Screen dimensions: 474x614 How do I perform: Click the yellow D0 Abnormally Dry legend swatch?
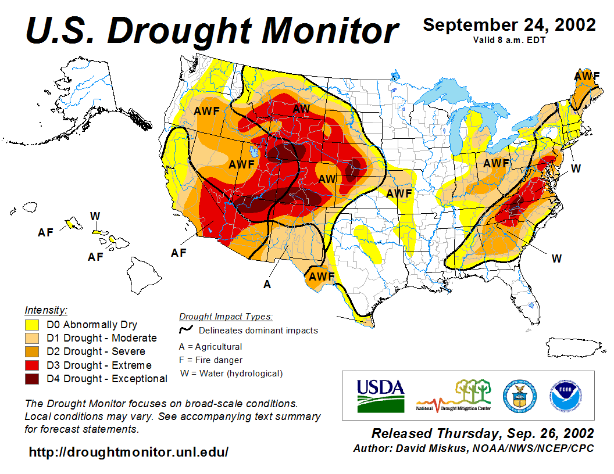click(31, 325)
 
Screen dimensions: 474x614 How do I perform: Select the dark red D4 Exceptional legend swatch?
click(31, 379)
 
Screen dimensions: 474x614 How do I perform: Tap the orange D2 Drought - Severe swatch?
click(31, 351)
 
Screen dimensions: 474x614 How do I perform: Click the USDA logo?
click(380, 395)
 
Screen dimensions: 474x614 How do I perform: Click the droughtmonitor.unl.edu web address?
click(128, 451)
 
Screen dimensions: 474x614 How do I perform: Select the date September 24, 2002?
click(509, 25)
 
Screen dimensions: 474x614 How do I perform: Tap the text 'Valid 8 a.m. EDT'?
click(509, 39)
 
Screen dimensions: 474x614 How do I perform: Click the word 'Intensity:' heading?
click(46, 310)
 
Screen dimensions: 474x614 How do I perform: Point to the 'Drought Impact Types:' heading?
click(226, 317)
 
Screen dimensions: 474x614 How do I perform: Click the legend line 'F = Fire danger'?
click(211, 360)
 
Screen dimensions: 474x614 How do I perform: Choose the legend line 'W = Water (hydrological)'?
click(231, 374)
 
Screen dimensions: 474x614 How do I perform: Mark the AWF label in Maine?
click(587, 76)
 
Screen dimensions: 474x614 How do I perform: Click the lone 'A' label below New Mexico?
click(267, 284)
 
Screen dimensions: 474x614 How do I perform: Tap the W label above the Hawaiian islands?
click(95, 216)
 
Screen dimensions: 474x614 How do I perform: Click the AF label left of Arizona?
click(179, 253)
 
